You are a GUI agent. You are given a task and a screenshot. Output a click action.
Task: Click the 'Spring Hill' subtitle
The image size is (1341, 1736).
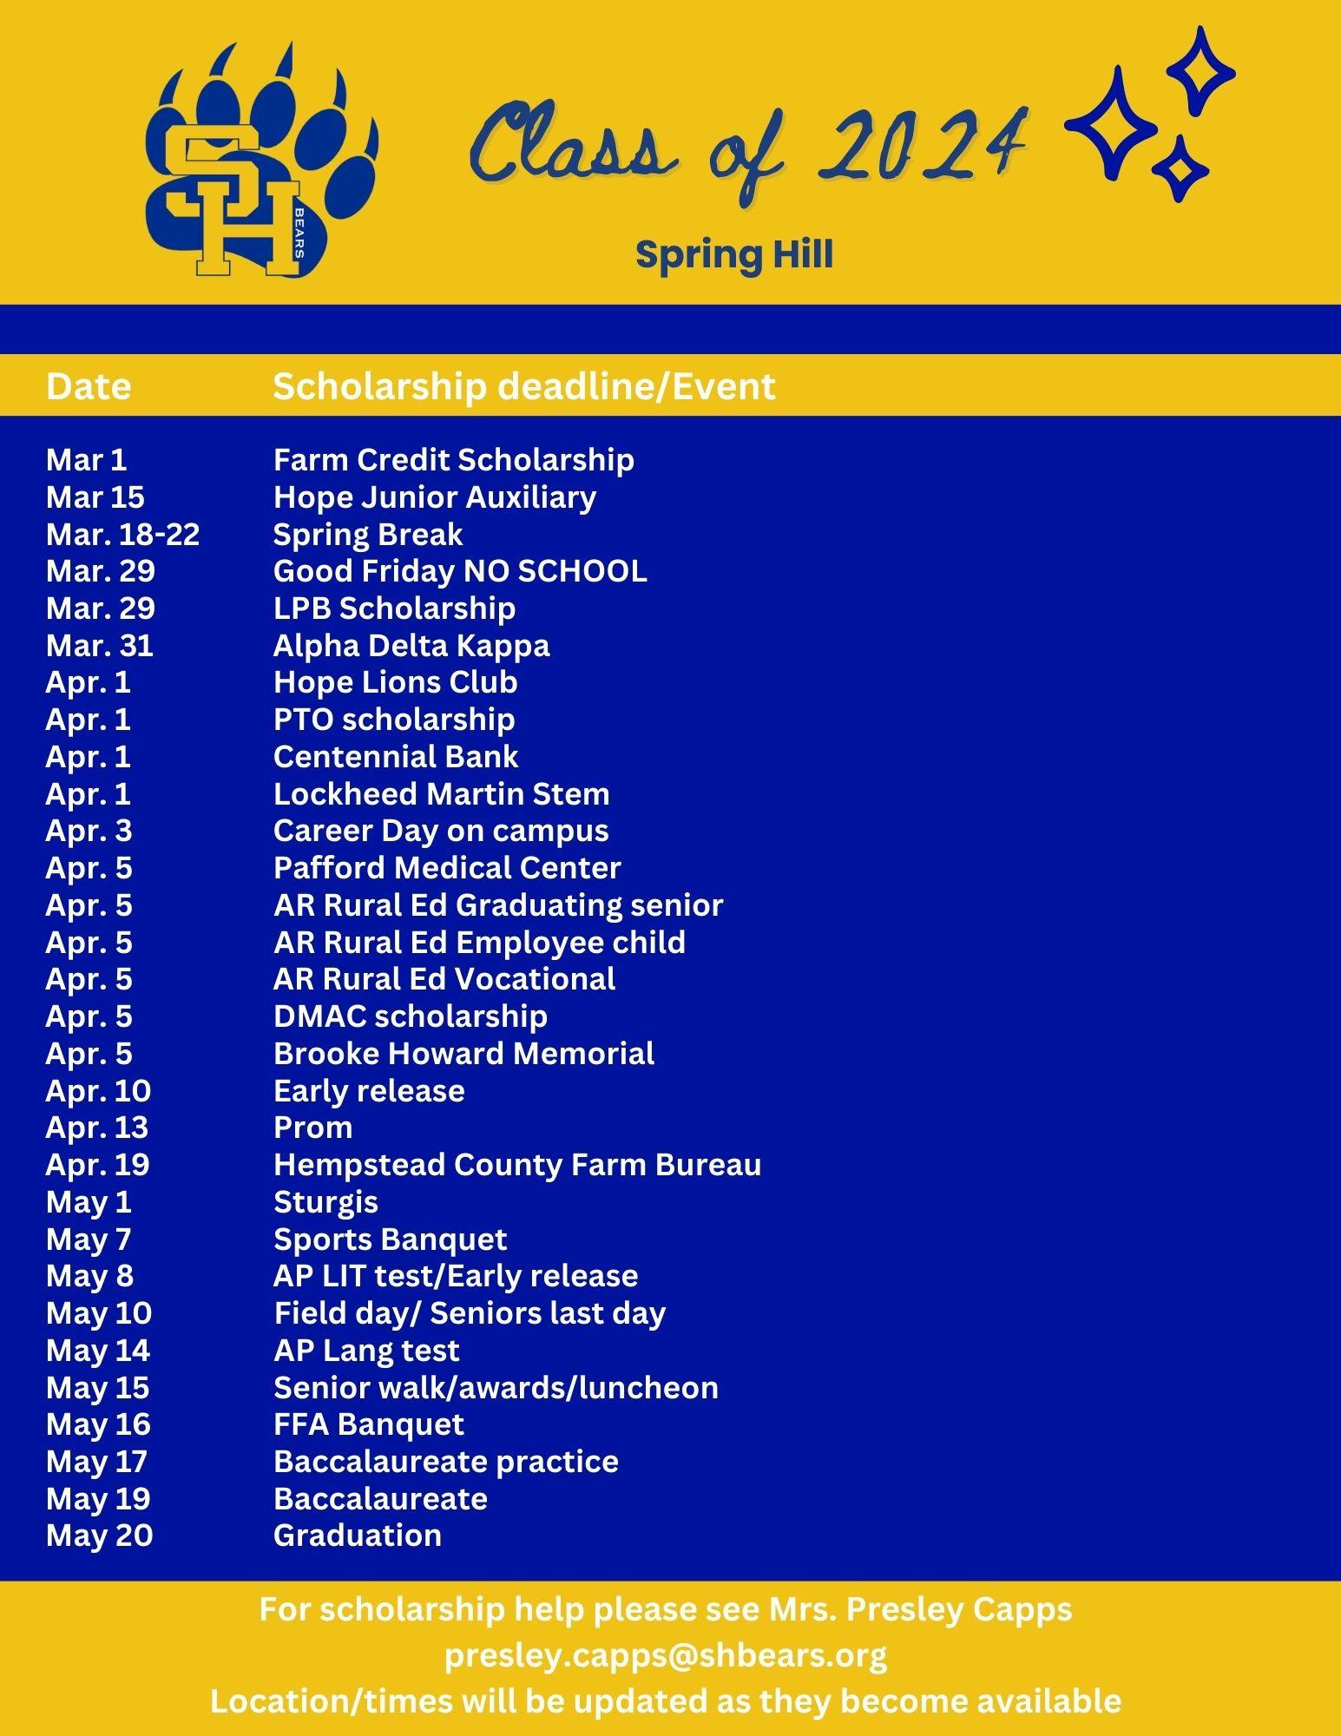point(733,255)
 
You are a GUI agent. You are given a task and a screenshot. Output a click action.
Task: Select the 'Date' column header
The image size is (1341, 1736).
point(89,386)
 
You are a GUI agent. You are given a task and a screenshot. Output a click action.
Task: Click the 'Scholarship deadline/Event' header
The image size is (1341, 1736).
point(523,386)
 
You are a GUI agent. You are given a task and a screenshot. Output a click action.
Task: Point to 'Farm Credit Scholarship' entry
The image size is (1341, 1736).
point(453,459)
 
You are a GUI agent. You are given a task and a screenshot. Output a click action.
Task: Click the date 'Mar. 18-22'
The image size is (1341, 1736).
point(122,534)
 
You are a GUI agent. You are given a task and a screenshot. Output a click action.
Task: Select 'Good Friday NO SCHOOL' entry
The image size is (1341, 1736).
point(460,571)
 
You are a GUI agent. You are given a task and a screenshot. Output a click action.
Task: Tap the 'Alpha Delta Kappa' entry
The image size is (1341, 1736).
point(411,645)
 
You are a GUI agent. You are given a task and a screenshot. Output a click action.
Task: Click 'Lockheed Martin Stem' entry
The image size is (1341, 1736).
point(441,793)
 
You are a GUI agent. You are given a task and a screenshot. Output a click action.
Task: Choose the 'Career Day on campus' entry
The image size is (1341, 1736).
point(441,831)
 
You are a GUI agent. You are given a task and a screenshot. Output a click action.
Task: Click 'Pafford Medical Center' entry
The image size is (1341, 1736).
point(447,868)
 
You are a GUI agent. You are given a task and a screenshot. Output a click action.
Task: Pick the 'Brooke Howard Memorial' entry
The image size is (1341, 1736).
point(463,1053)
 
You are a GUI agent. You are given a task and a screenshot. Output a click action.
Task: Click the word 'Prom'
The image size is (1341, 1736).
point(312,1128)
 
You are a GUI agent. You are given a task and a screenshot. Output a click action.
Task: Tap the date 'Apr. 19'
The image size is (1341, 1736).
point(97,1165)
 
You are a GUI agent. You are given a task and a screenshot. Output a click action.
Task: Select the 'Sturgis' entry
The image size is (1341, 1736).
point(325,1202)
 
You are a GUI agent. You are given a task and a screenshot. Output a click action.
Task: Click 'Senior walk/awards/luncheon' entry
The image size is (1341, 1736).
point(496,1387)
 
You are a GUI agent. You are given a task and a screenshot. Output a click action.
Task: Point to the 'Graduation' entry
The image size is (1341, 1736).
point(358,1535)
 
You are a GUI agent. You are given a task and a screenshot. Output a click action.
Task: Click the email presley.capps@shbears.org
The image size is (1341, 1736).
point(666,1655)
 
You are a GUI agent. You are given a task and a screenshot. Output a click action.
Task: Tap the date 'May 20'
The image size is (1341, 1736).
point(99,1535)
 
